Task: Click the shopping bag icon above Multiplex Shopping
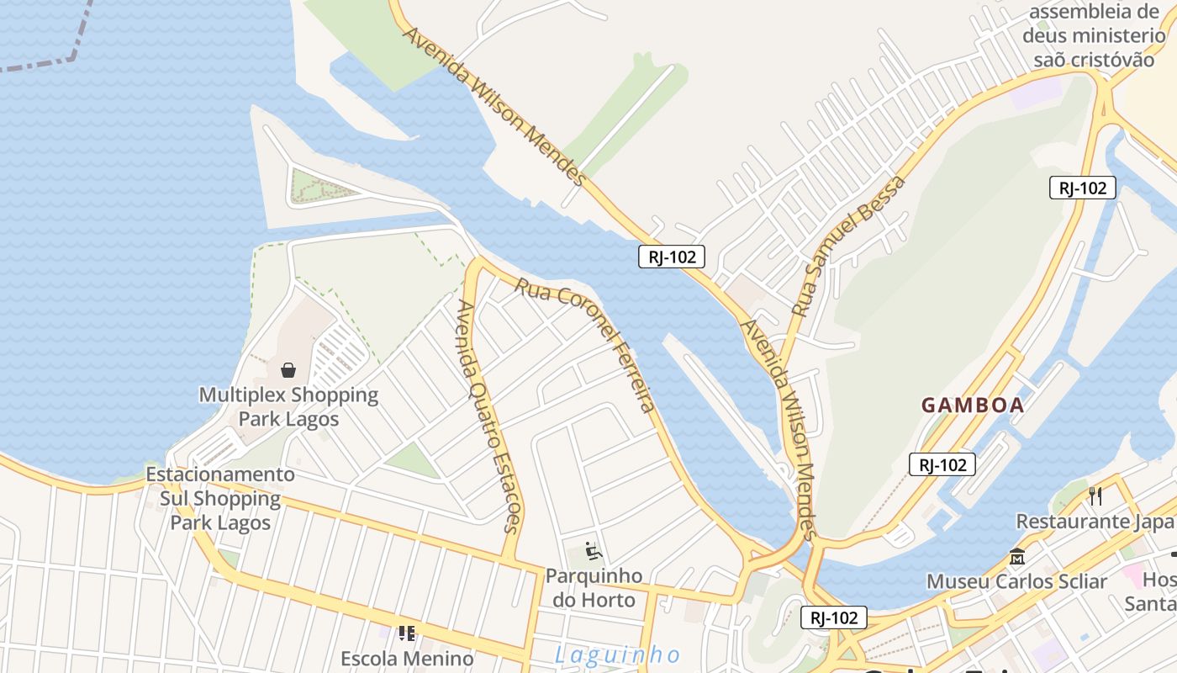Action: tap(288, 369)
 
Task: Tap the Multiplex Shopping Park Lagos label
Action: tap(288, 406)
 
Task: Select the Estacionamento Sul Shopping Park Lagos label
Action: tap(220, 498)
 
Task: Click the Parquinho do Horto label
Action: tap(594, 588)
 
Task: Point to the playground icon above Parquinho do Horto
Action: tap(594, 552)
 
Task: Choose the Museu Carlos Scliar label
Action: tap(1016, 581)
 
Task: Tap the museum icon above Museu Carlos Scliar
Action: tap(1017, 557)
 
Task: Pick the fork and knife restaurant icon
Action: tap(1095, 496)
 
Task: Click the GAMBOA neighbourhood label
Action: tap(973, 405)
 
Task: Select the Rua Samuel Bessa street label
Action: tap(849, 246)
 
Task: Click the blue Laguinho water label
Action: tap(618, 654)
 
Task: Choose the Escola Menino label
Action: tap(407, 658)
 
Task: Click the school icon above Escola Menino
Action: tap(407, 633)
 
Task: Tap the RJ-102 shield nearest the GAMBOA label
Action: tap(942, 464)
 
